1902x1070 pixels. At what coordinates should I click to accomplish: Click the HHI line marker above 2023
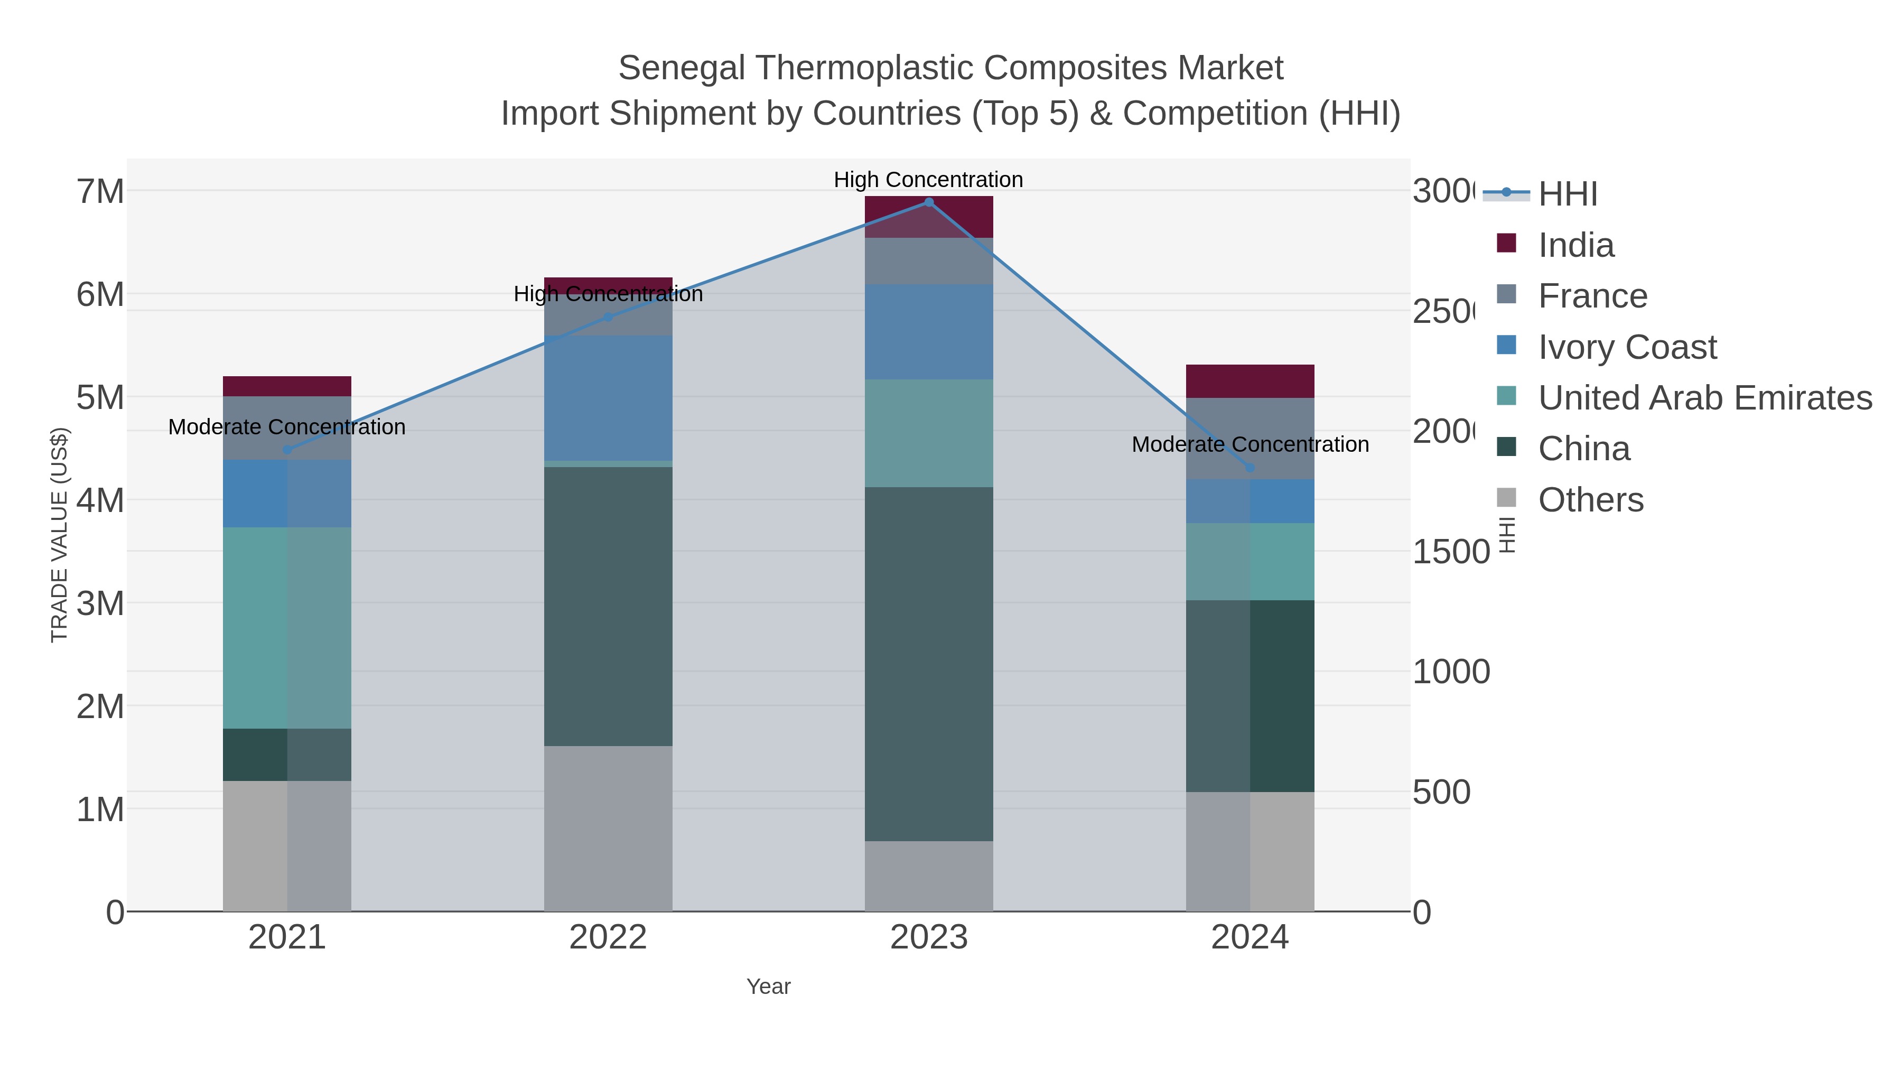(929, 202)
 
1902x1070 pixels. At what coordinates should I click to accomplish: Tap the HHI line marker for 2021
(287, 450)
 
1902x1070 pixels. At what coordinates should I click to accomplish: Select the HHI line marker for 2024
(1250, 468)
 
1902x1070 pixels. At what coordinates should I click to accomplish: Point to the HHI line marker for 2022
(609, 318)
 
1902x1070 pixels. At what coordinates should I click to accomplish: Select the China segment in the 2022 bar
(609, 606)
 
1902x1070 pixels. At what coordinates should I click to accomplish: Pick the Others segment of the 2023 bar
(929, 876)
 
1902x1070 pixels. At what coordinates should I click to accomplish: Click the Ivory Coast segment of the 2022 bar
(609, 399)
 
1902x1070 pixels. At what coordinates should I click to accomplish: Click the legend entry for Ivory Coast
(1627, 347)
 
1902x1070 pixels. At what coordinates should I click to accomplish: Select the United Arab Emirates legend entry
(1704, 398)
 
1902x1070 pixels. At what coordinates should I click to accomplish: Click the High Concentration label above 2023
(928, 180)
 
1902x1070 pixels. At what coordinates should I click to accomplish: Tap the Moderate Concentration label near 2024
(1250, 444)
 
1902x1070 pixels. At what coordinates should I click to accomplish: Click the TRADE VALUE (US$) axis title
(59, 535)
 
